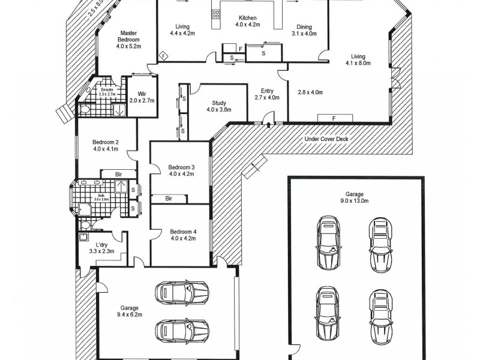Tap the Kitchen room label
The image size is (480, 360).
pos(248,17)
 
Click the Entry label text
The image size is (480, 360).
pos(267,90)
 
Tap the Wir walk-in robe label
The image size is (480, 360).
pos(142,94)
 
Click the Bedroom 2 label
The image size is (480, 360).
pos(105,142)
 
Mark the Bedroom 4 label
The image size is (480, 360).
pos(182,232)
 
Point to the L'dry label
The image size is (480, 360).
pos(102,244)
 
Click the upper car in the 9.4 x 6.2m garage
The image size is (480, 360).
pos(182,292)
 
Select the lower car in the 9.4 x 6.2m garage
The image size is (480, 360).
pos(182,330)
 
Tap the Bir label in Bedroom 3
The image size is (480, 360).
pos(169,197)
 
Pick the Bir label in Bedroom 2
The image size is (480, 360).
pos(119,173)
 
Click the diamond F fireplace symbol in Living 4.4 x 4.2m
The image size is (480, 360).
pos(163,56)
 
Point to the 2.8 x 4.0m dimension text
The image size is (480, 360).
pos(310,92)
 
